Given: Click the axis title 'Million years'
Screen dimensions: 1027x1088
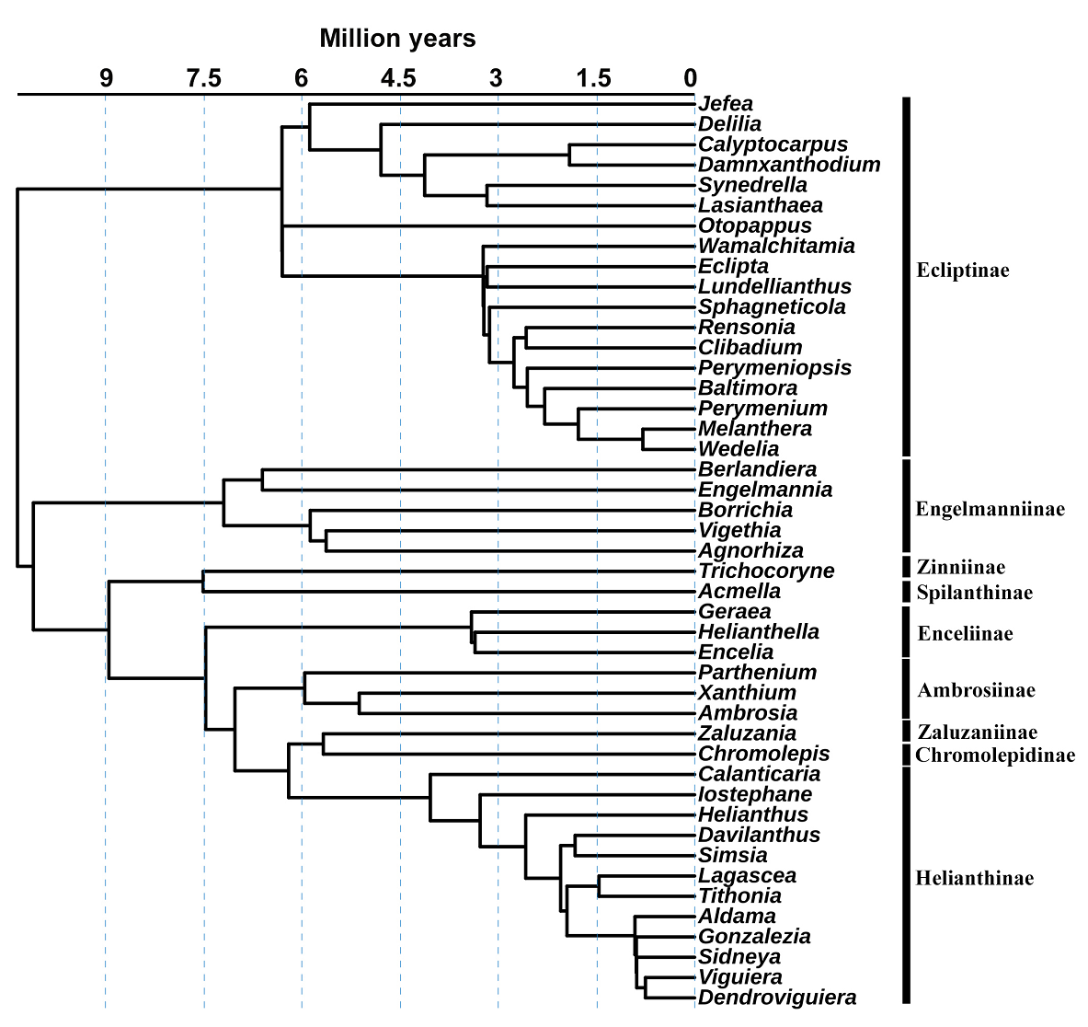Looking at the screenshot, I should (x=397, y=39).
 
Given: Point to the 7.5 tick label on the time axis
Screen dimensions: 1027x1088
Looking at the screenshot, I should (x=204, y=78).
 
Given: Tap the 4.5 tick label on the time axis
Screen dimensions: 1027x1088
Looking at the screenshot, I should (x=399, y=78).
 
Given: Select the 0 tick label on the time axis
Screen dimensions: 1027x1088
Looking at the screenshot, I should (x=690, y=78).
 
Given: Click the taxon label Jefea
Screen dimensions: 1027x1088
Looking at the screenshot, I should (x=725, y=104).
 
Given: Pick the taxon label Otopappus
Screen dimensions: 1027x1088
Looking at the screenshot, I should (x=754, y=225).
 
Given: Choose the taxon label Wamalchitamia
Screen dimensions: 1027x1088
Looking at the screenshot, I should (x=776, y=246).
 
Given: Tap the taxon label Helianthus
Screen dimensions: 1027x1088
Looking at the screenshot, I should (x=752, y=814).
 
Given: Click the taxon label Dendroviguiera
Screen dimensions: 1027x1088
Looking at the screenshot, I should (x=777, y=998).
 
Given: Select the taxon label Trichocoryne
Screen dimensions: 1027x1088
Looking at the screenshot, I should (x=766, y=571).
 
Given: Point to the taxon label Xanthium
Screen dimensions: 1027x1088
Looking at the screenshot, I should (x=747, y=692).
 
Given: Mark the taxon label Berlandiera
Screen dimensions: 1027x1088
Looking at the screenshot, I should (x=757, y=469).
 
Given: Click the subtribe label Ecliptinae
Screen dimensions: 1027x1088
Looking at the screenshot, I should (x=962, y=271).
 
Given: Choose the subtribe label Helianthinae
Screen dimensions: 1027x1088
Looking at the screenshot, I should (x=974, y=878).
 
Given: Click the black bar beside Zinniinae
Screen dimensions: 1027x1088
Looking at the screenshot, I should (x=906, y=565).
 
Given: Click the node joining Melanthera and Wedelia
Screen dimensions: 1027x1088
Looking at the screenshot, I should (x=643, y=439).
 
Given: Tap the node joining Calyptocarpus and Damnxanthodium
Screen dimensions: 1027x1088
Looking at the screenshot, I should (x=569, y=155).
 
